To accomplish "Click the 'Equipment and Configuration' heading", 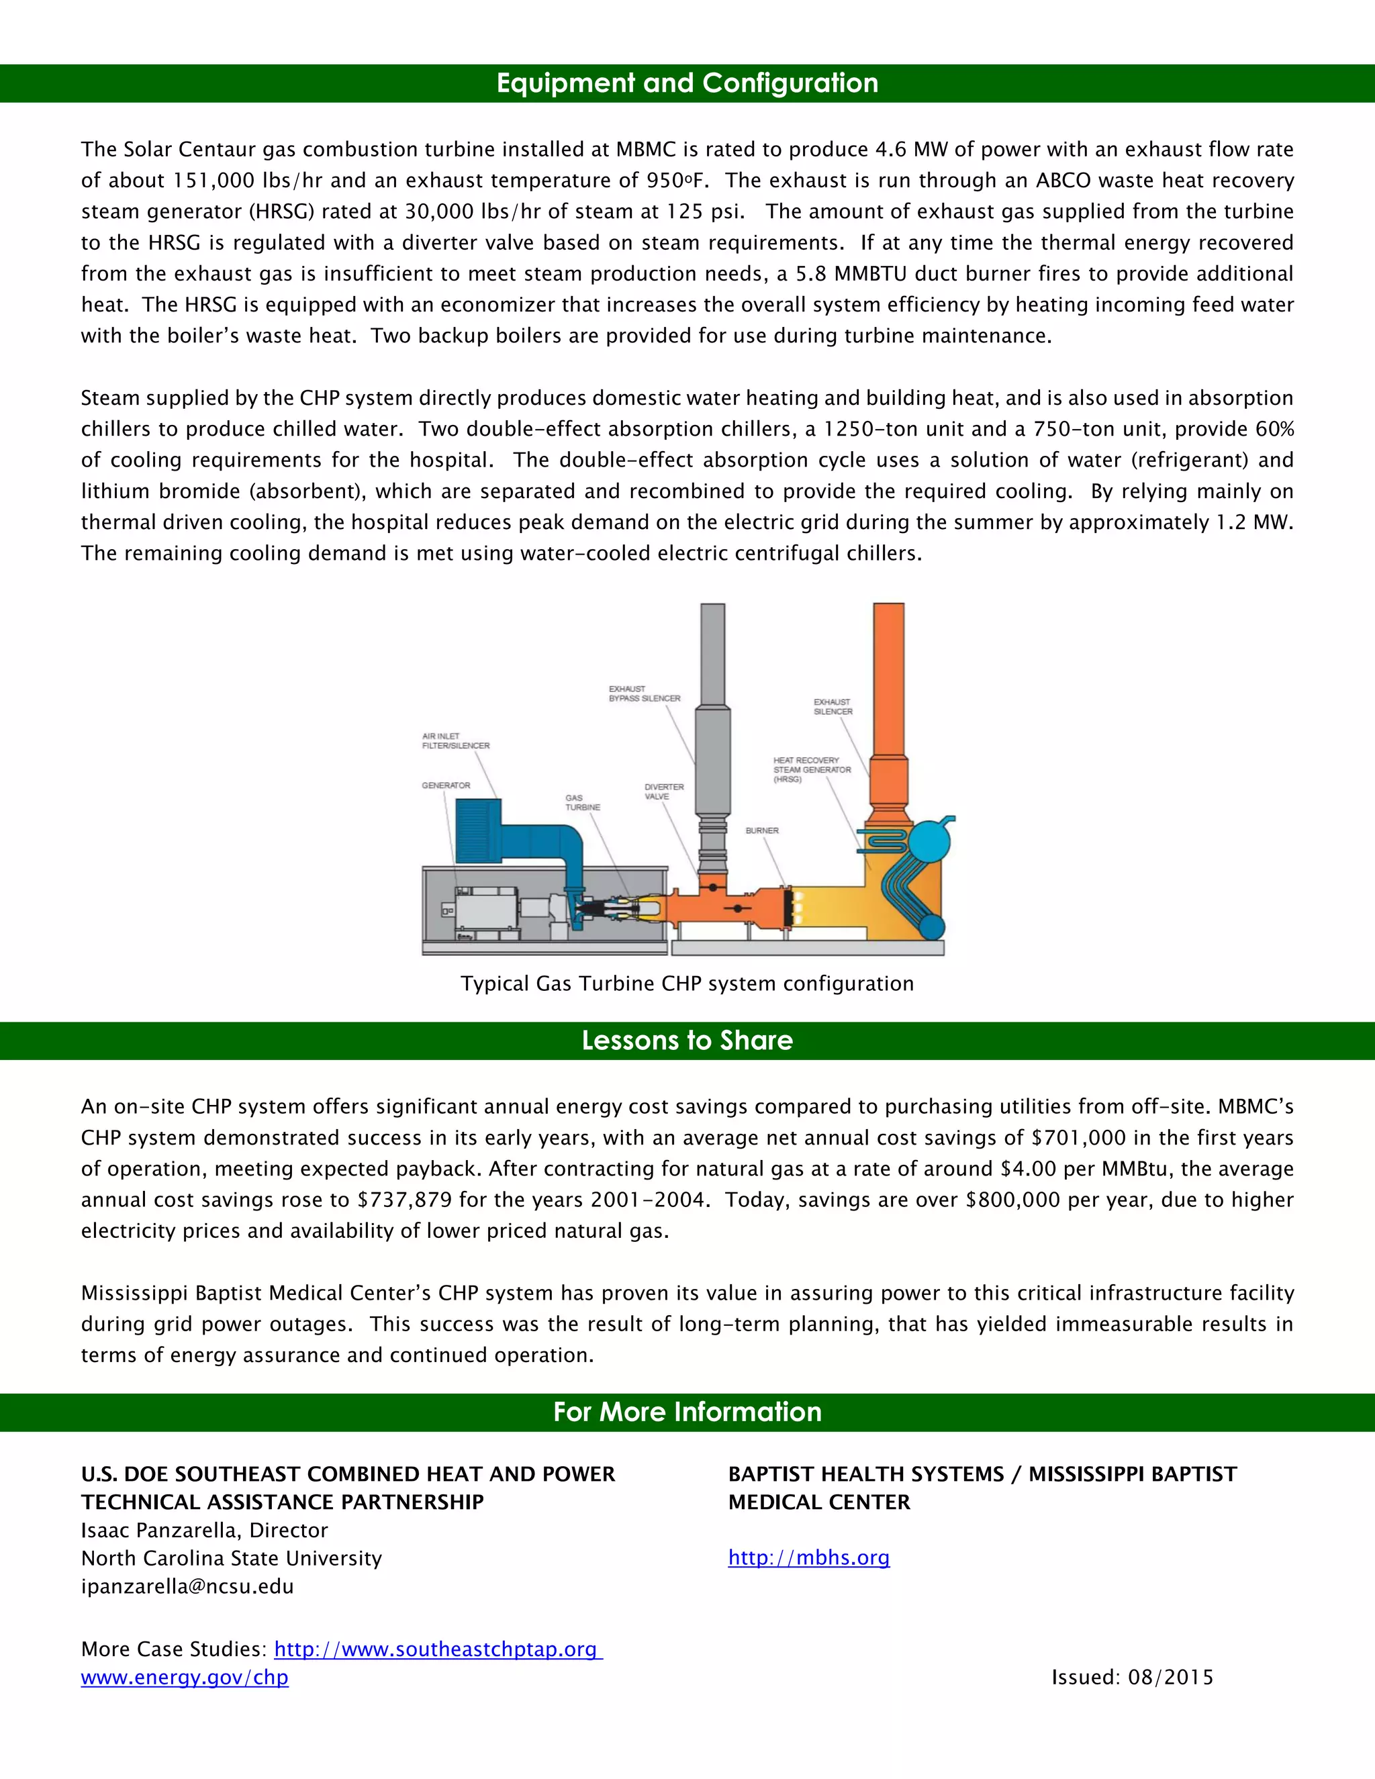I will pyautogui.click(x=687, y=83).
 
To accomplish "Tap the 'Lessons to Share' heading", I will pyautogui.click(x=687, y=1040).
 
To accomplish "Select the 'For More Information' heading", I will pyautogui.click(x=687, y=1412).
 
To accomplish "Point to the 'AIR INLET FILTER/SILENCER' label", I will pyautogui.click(x=455, y=740).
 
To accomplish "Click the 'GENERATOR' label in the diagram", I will pyautogui.click(x=446, y=785).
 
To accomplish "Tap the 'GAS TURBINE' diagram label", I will pyautogui.click(x=582, y=802).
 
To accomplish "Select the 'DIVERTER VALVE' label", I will pyautogui.click(x=664, y=791).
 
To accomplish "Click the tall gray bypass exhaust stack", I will pyautogui.click(x=713, y=733).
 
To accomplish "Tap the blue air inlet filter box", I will pyautogui.click(x=477, y=831).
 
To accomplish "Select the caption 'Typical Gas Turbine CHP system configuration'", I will pyautogui.click(x=687, y=983).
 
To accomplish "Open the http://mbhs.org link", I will pyautogui.click(x=808, y=1557).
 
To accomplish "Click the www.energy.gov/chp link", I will pyautogui.click(x=184, y=1677).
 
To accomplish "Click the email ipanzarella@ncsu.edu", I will pyautogui.click(x=187, y=1586).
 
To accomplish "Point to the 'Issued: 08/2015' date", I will pyautogui.click(x=1131, y=1677).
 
